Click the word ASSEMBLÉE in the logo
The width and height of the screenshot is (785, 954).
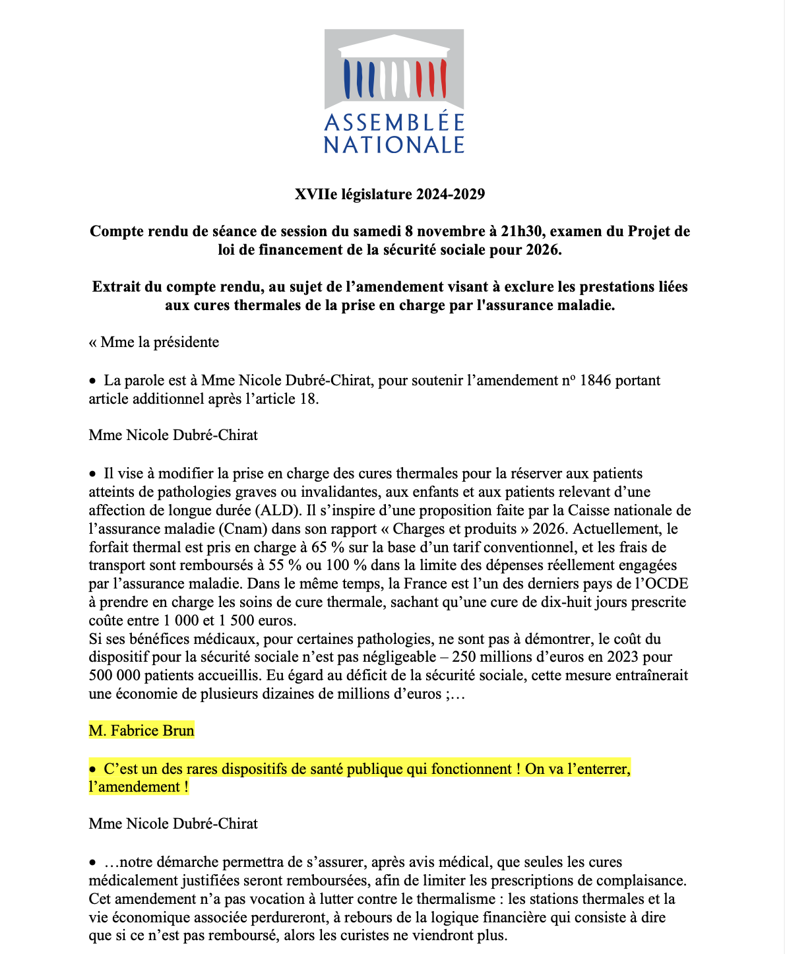click(x=394, y=123)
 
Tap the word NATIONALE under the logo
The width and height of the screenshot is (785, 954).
click(x=394, y=144)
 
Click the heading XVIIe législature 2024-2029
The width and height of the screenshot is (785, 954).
click(x=390, y=195)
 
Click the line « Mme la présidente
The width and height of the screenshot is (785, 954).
click(x=154, y=342)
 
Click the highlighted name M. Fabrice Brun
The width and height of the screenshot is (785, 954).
click(x=142, y=731)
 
